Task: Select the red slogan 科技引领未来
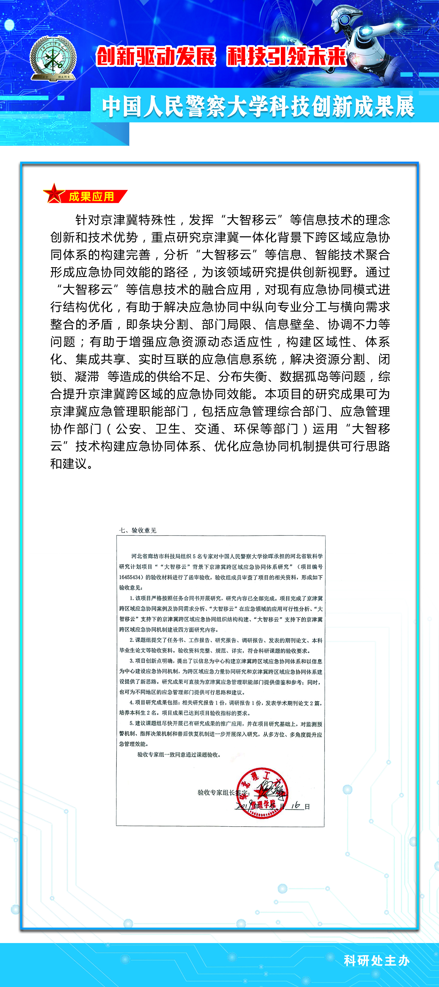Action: click(287, 56)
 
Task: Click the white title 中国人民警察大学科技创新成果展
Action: click(258, 106)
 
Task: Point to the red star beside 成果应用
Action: click(54, 193)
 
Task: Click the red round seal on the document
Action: click(262, 793)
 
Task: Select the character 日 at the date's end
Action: click(307, 807)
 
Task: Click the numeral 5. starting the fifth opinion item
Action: click(131, 723)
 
